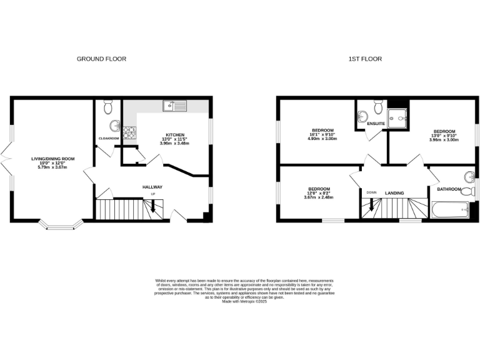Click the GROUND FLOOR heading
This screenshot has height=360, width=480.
click(x=101, y=59)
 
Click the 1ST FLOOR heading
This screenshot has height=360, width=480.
click(x=365, y=59)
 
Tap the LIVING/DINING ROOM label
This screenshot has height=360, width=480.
click(x=53, y=159)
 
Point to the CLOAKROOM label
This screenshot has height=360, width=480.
click(x=109, y=138)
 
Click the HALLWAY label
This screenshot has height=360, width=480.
click(x=152, y=187)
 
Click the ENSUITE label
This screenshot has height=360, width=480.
click(x=376, y=124)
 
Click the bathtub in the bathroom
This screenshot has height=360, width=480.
click(x=449, y=211)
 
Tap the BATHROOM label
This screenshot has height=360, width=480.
click(x=449, y=189)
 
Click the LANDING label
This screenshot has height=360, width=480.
click(x=394, y=193)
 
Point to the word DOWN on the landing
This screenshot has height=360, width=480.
click(x=371, y=192)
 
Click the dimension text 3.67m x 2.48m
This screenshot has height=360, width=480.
click(x=319, y=197)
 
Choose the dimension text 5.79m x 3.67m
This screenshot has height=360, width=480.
click(x=53, y=167)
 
